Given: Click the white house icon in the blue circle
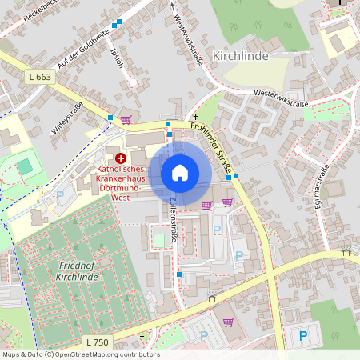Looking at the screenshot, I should click(x=180, y=173).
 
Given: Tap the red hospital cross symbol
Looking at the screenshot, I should click(x=121, y=158).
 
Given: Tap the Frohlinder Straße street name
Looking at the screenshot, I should click(x=215, y=147).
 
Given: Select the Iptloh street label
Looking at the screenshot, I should click(x=121, y=57).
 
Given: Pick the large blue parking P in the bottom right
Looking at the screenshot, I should click(x=302, y=336).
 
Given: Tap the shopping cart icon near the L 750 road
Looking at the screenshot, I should click(x=230, y=322).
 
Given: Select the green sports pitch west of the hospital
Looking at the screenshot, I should click(x=25, y=166).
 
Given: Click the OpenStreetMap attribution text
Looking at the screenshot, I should click(x=80, y=354).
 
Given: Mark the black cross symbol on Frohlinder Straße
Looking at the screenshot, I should click(x=194, y=117).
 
